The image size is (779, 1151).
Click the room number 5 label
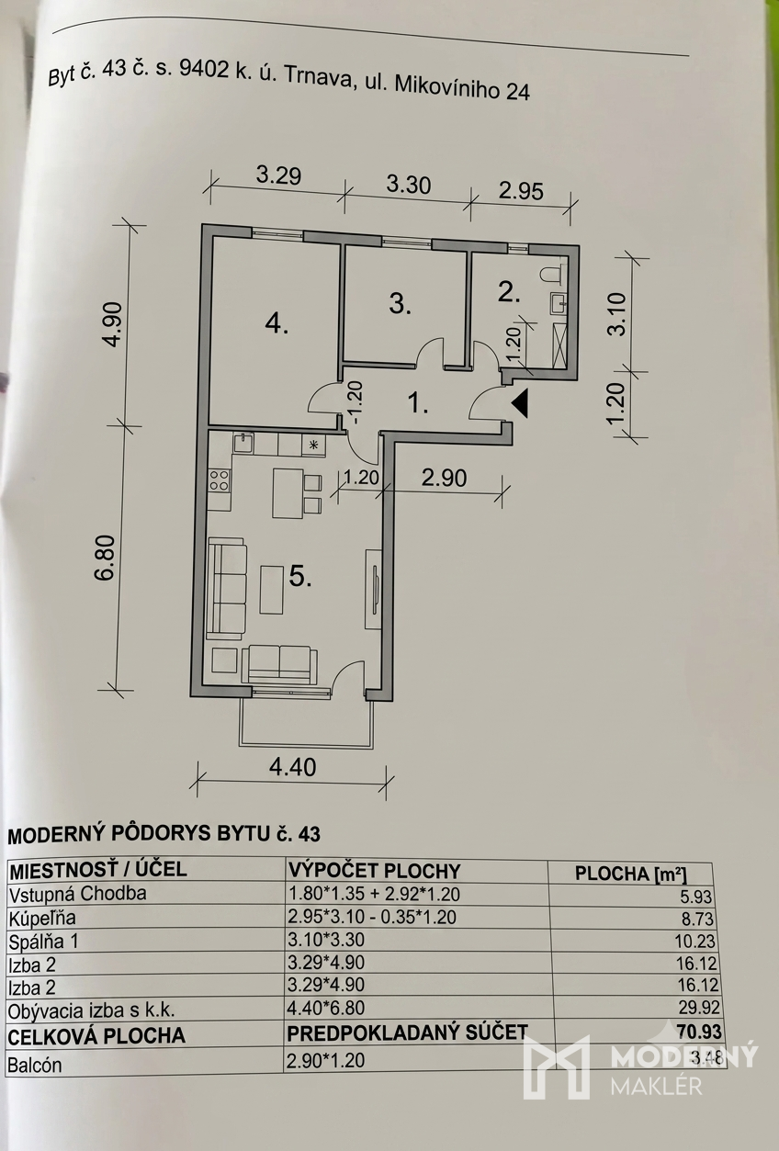300,578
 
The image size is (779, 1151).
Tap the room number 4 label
277,325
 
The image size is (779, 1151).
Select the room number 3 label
401,304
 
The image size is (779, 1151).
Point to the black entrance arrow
520,403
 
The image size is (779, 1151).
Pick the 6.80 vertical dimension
105,559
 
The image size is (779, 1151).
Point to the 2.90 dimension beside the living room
444,479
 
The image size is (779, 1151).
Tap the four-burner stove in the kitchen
220,481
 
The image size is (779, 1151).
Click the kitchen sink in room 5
243,443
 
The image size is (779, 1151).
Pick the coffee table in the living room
272,590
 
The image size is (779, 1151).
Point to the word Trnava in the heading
312,78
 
